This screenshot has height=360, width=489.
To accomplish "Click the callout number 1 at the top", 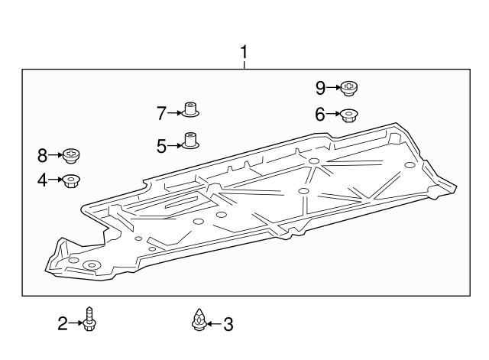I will (x=244, y=53).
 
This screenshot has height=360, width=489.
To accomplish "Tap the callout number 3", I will (x=228, y=325).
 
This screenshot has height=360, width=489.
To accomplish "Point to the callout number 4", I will (x=43, y=180).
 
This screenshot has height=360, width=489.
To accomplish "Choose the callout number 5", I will (x=162, y=145).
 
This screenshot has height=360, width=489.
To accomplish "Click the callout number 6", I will (x=320, y=115).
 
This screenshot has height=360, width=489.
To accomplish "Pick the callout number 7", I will (x=162, y=114).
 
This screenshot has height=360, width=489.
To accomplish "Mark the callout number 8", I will (x=43, y=156).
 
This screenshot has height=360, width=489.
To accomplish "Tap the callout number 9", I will (x=320, y=88).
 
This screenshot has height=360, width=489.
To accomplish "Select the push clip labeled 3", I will (x=199, y=321).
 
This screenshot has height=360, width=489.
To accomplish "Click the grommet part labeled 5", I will (x=190, y=142).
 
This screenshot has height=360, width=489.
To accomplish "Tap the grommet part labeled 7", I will (x=190, y=111).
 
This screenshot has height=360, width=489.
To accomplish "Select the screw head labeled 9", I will (x=350, y=88).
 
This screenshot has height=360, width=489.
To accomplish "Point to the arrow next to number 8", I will (x=57, y=156).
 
